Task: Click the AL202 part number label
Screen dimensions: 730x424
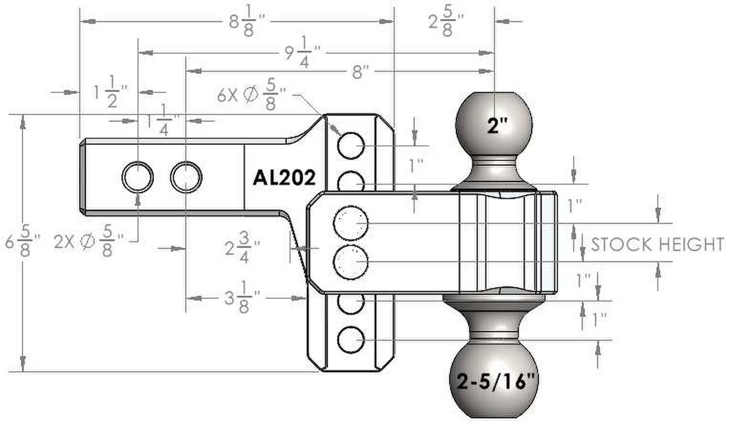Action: (x=284, y=178)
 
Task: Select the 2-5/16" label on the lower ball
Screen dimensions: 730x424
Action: (x=496, y=381)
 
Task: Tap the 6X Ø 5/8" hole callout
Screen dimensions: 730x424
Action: (x=251, y=94)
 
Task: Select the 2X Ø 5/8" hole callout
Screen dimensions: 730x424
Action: (x=89, y=241)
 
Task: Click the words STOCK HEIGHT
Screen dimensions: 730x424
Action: (x=657, y=244)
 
